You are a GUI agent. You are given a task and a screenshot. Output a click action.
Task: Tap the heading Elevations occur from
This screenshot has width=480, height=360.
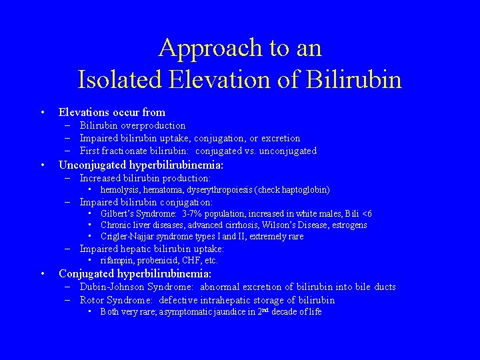point(112,112)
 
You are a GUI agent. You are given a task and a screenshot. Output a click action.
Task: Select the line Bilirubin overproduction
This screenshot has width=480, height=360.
point(132,125)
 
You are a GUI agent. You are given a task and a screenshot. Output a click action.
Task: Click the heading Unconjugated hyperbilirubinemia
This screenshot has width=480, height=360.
point(141,165)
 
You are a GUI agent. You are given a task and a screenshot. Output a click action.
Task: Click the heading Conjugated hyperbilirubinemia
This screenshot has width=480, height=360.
point(135,274)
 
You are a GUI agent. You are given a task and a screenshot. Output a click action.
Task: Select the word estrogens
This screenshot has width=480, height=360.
point(347,225)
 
